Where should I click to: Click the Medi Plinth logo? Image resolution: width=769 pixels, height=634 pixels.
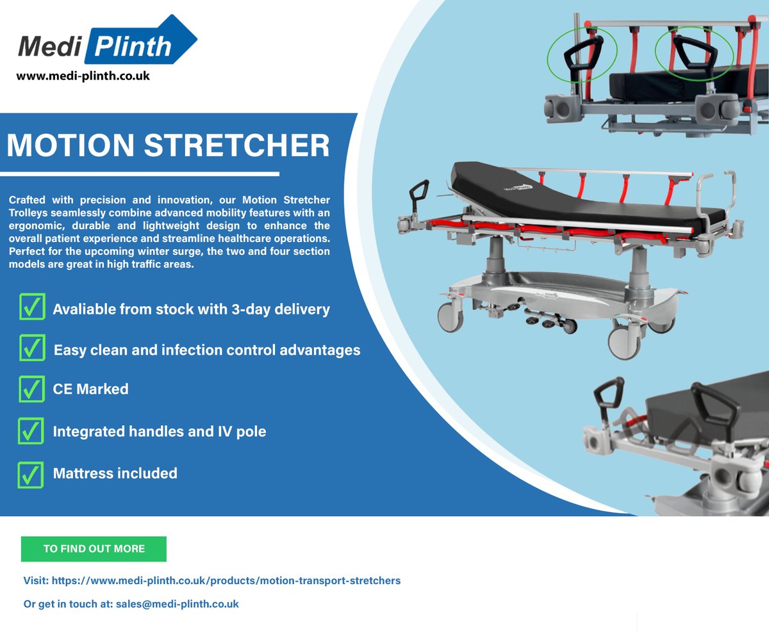click(x=106, y=45)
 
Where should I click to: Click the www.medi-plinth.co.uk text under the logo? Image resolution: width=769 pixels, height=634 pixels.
click(x=83, y=76)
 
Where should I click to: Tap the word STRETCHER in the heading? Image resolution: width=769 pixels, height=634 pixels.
click(x=243, y=146)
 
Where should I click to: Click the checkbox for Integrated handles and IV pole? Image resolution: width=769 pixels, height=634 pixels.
click(x=31, y=431)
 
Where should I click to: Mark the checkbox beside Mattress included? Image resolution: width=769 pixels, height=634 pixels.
click(x=31, y=474)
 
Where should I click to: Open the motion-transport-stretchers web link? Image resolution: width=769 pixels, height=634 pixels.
click(x=226, y=580)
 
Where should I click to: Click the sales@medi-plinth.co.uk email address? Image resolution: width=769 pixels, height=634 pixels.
click(x=178, y=603)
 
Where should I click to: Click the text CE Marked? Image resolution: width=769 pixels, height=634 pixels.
click(x=90, y=389)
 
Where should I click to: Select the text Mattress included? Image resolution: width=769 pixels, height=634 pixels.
click(x=115, y=473)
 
